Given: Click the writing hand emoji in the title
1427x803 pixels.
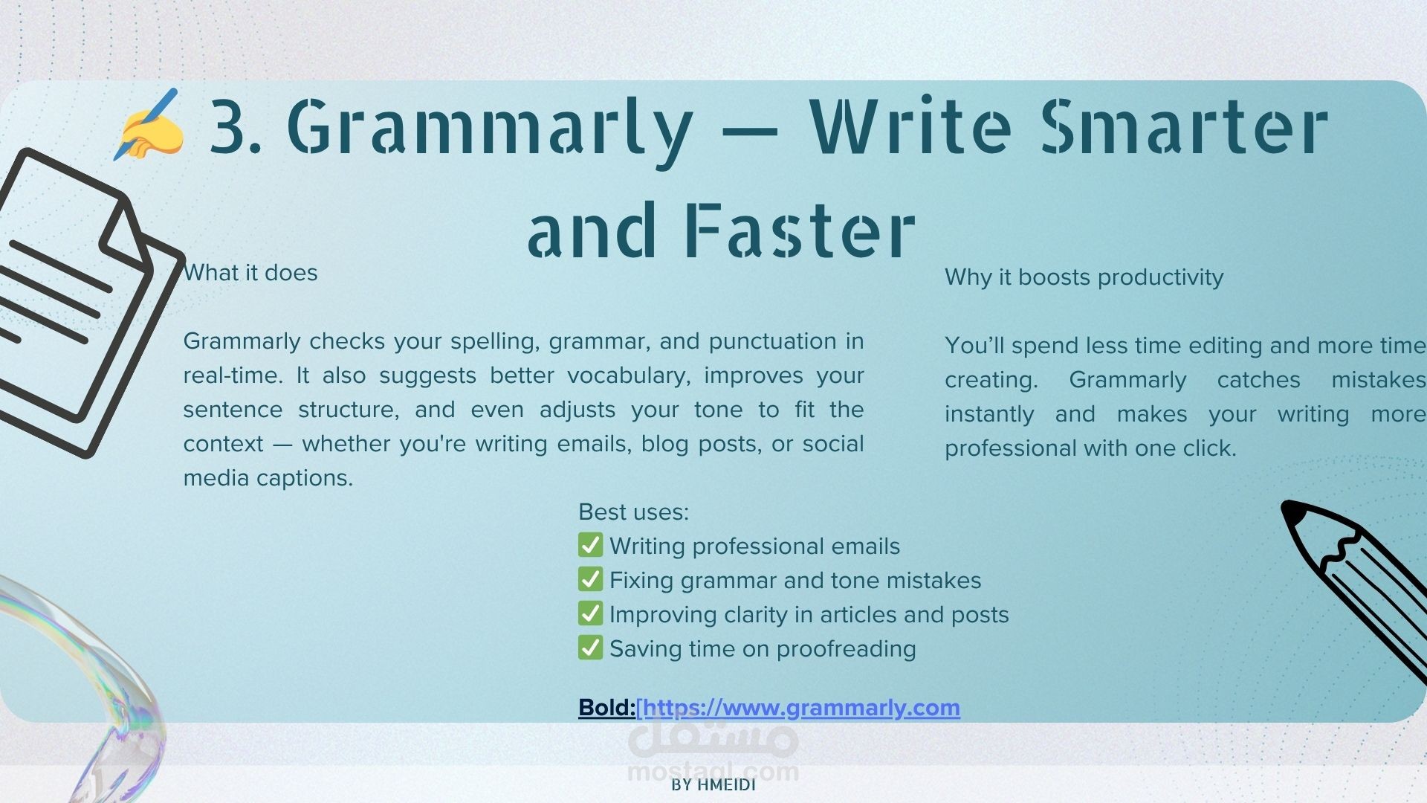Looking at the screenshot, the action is pos(149,124).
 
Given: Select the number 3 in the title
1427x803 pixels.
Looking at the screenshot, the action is pos(228,126).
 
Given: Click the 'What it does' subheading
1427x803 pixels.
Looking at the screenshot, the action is pos(250,273).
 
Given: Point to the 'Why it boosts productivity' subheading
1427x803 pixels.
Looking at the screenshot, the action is pos(1084,277).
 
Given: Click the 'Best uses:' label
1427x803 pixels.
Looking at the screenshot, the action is pos(633,512).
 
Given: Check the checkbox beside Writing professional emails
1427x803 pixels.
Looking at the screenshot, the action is pos(590,545).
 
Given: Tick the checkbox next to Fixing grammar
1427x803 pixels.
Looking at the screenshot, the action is pos(590,579).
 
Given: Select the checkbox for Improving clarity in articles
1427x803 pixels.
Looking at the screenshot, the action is pos(590,613).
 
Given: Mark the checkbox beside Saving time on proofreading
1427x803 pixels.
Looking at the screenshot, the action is pos(590,648).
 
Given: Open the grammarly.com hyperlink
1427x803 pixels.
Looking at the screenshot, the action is pos(798,708).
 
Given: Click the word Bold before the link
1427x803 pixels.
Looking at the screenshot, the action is pos(606,708).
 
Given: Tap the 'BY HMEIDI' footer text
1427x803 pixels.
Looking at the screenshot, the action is pos(713,785).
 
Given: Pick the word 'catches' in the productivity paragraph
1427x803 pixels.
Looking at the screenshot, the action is pos(1258,380).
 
